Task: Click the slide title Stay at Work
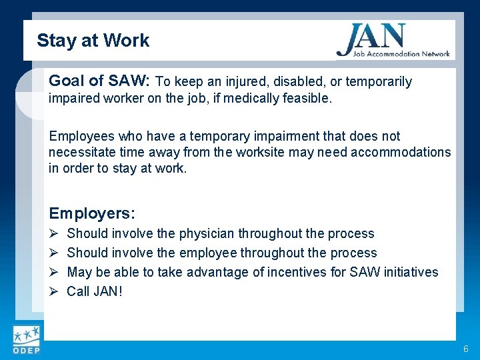(x=93, y=41)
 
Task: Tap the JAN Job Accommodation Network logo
(x=393, y=41)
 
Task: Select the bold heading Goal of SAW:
(x=100, y=81)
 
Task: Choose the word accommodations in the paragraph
(x=404, y=152)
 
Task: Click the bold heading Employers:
(x=92, y=214)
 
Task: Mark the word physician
(x=207, y=234)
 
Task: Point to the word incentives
(x=316, y=272)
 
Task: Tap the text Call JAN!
(x=95, y=291)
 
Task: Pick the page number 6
(x=465, y=349)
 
